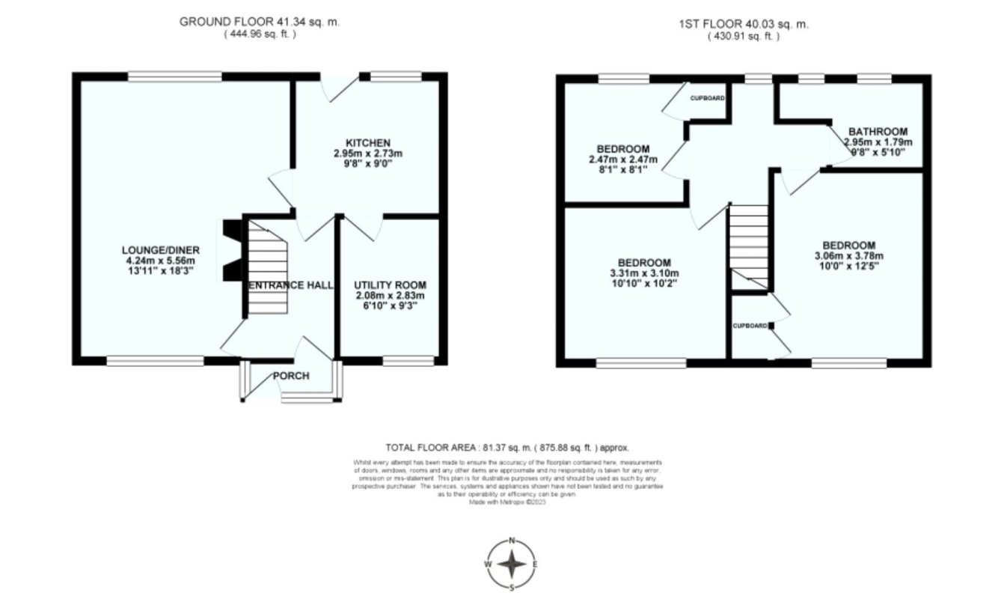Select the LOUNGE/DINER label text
(x=150, y=249)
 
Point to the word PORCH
(x=291, y=376)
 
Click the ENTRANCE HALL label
(x=291, y=285)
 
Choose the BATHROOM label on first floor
(x=878, y=131)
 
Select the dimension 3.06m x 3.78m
(x=848, y=256)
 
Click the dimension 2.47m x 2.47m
(x=622, y=159)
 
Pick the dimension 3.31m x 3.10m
(x=643, y=273)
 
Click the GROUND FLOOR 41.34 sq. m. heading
(x=259, y=22)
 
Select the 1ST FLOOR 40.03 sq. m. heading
(x=743, y=24)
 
